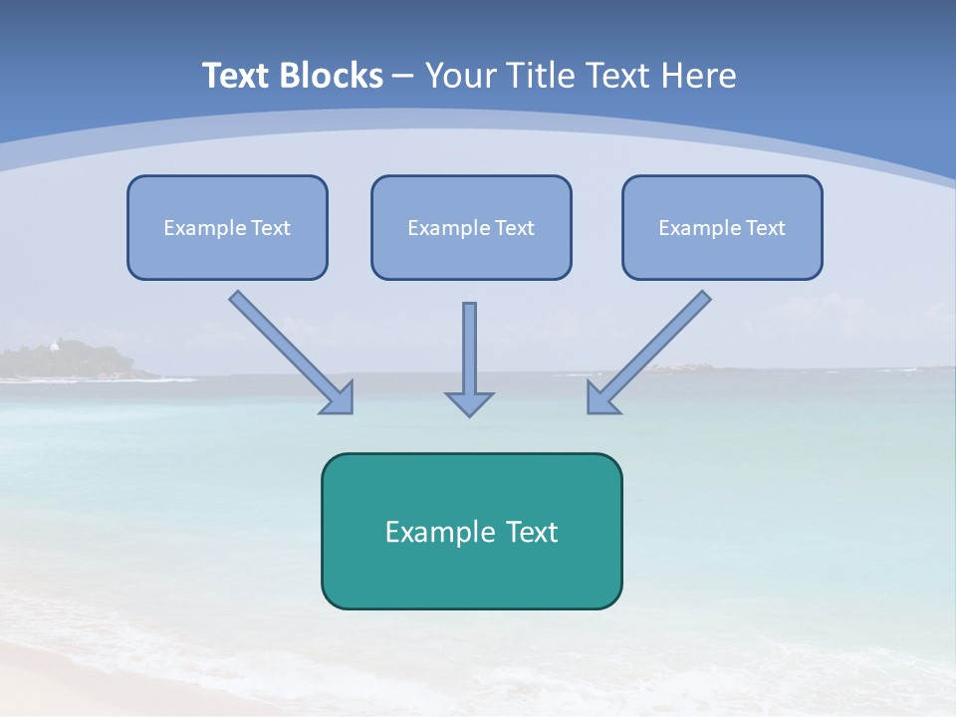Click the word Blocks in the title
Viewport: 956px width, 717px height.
click(x=331, y=76)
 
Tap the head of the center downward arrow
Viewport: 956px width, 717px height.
click(x=469, y=403)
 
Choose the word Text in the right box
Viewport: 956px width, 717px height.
click(x=765, y=228)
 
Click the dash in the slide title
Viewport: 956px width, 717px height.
click(x=403, y=76)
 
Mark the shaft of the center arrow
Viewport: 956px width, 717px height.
click(x=469, y=344)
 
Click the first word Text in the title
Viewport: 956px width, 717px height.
click(x=236, y=76)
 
